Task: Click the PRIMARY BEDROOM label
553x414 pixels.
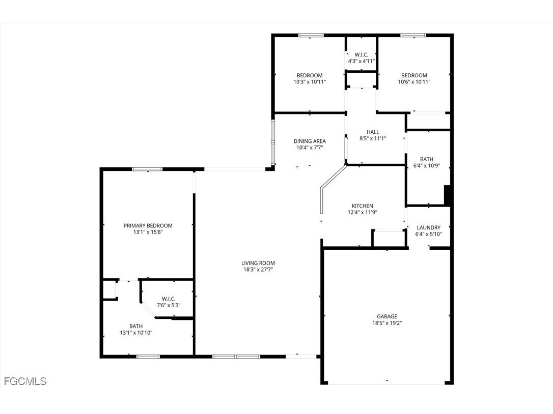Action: (x=148, y=226)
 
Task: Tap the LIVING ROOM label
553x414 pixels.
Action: (x=258, y=263)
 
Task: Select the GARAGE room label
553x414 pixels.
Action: (x=387, y=316)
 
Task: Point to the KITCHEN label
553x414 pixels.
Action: (x=362, y=206)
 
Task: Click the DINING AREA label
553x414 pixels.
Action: (x=309, y=141)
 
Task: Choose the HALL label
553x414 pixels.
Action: (x=373, y=132)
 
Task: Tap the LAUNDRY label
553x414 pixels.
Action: (x=428, y=227)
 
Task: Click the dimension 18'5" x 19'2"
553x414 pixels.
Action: (x=387, y=323)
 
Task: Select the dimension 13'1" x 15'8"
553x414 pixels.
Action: (x=148, y=232)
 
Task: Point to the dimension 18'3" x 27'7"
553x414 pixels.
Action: (x=258, y=270)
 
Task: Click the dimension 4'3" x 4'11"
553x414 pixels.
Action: (x=361, y=61)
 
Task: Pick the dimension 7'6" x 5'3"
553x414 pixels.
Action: (x=168, y=305)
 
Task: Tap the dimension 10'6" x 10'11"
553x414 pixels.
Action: (x=414, y=82)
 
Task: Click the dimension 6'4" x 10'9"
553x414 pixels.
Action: (x=427, y=166)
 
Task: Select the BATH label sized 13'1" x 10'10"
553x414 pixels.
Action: (x=136, y=326)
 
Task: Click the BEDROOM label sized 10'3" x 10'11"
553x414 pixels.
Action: (x=310, y=75)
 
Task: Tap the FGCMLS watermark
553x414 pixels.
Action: (x=25, y=381)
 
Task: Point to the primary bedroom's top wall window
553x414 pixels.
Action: (x=147, y=169)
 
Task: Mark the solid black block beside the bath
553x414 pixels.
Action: (x=448, y=195)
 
